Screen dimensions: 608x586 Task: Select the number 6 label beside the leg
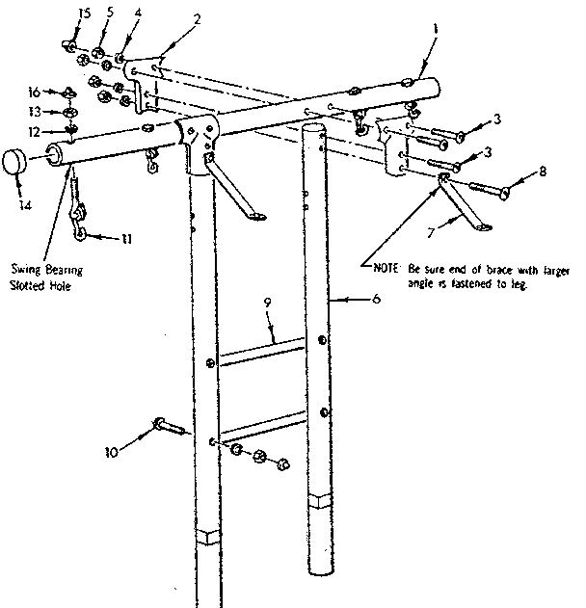tap(376, 301)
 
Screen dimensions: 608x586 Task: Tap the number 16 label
tap(34, 93)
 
